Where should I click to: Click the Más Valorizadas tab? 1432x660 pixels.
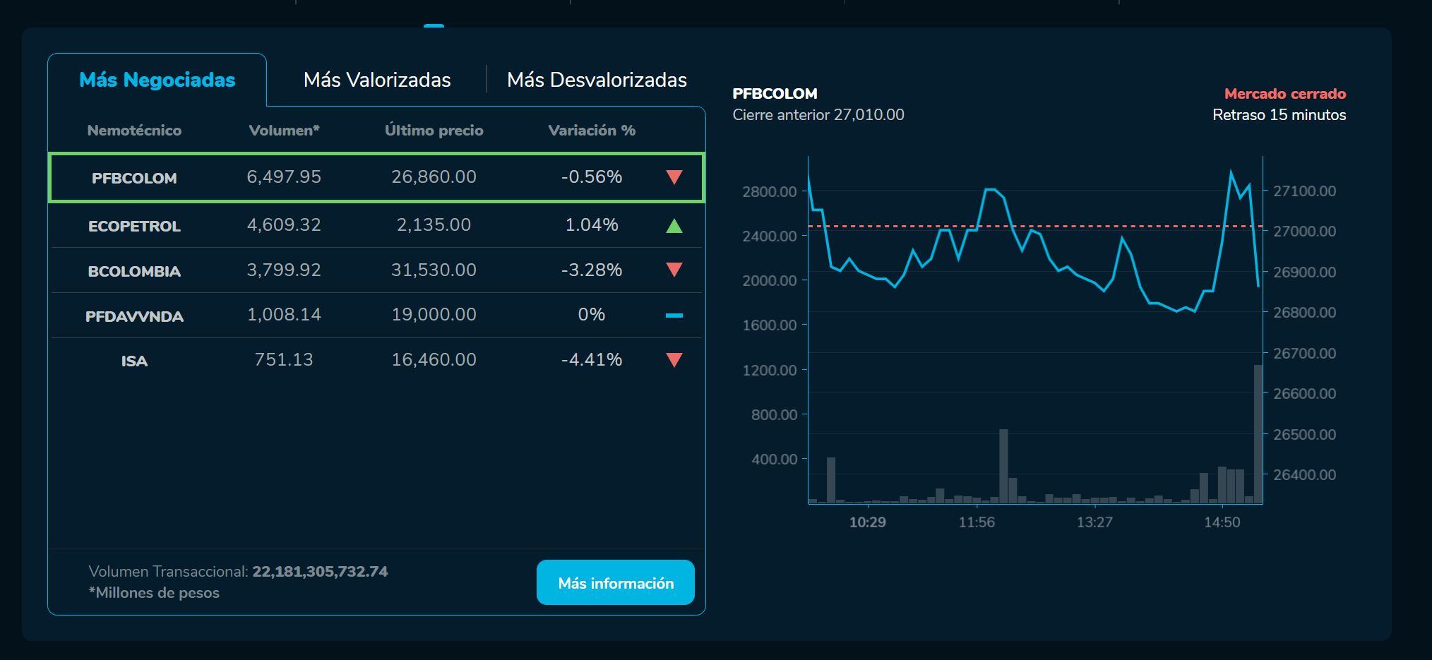(377, 80)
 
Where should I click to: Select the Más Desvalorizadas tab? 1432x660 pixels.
(597, 80)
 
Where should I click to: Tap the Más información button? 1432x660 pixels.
(615, 583)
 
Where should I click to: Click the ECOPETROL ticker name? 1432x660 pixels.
(134, 226)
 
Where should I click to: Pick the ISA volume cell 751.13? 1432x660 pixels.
(283, 359)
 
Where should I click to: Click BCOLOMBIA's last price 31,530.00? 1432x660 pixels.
(434, 270)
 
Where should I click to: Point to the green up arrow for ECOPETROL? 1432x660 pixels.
(674, 226)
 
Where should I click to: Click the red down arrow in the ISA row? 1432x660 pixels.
(674, 360)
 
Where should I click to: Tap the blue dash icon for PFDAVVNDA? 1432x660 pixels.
(674, 316)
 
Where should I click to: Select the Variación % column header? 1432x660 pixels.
(592, 131)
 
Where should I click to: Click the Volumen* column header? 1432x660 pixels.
(284, 131)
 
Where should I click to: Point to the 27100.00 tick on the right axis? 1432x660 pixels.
(1304, 191)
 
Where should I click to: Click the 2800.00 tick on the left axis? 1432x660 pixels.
(770, 191)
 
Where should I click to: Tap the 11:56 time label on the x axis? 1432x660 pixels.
(977, 522)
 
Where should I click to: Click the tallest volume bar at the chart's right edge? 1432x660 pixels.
(1258, 434)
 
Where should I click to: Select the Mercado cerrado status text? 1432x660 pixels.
(1284, 94)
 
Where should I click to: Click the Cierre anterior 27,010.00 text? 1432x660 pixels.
(818, 115)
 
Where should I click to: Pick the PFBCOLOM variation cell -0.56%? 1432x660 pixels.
(592, 176)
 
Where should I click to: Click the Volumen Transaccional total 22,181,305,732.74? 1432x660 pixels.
(320, 571)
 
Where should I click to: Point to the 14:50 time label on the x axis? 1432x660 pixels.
(1222, 522)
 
